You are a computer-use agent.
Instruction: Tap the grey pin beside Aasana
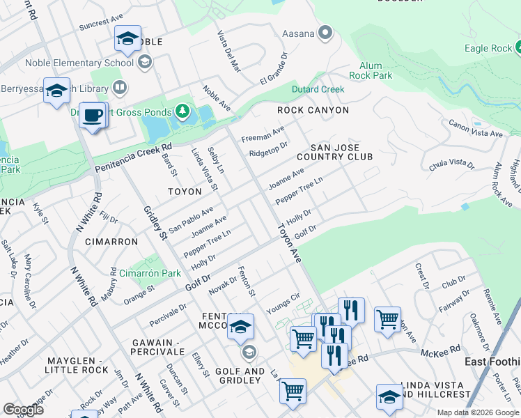(325, 33)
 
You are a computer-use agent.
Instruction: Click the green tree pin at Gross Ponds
(182, 111)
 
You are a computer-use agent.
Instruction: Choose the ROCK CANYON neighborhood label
(313, 110)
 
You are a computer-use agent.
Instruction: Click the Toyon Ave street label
(289, 243)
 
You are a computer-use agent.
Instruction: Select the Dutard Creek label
(318, 89)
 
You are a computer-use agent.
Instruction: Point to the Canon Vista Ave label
(475, 129)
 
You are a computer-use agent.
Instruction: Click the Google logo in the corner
(23, 410)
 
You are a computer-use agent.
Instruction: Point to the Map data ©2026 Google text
(477, 412)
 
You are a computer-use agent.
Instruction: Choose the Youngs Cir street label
(282, 304)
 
